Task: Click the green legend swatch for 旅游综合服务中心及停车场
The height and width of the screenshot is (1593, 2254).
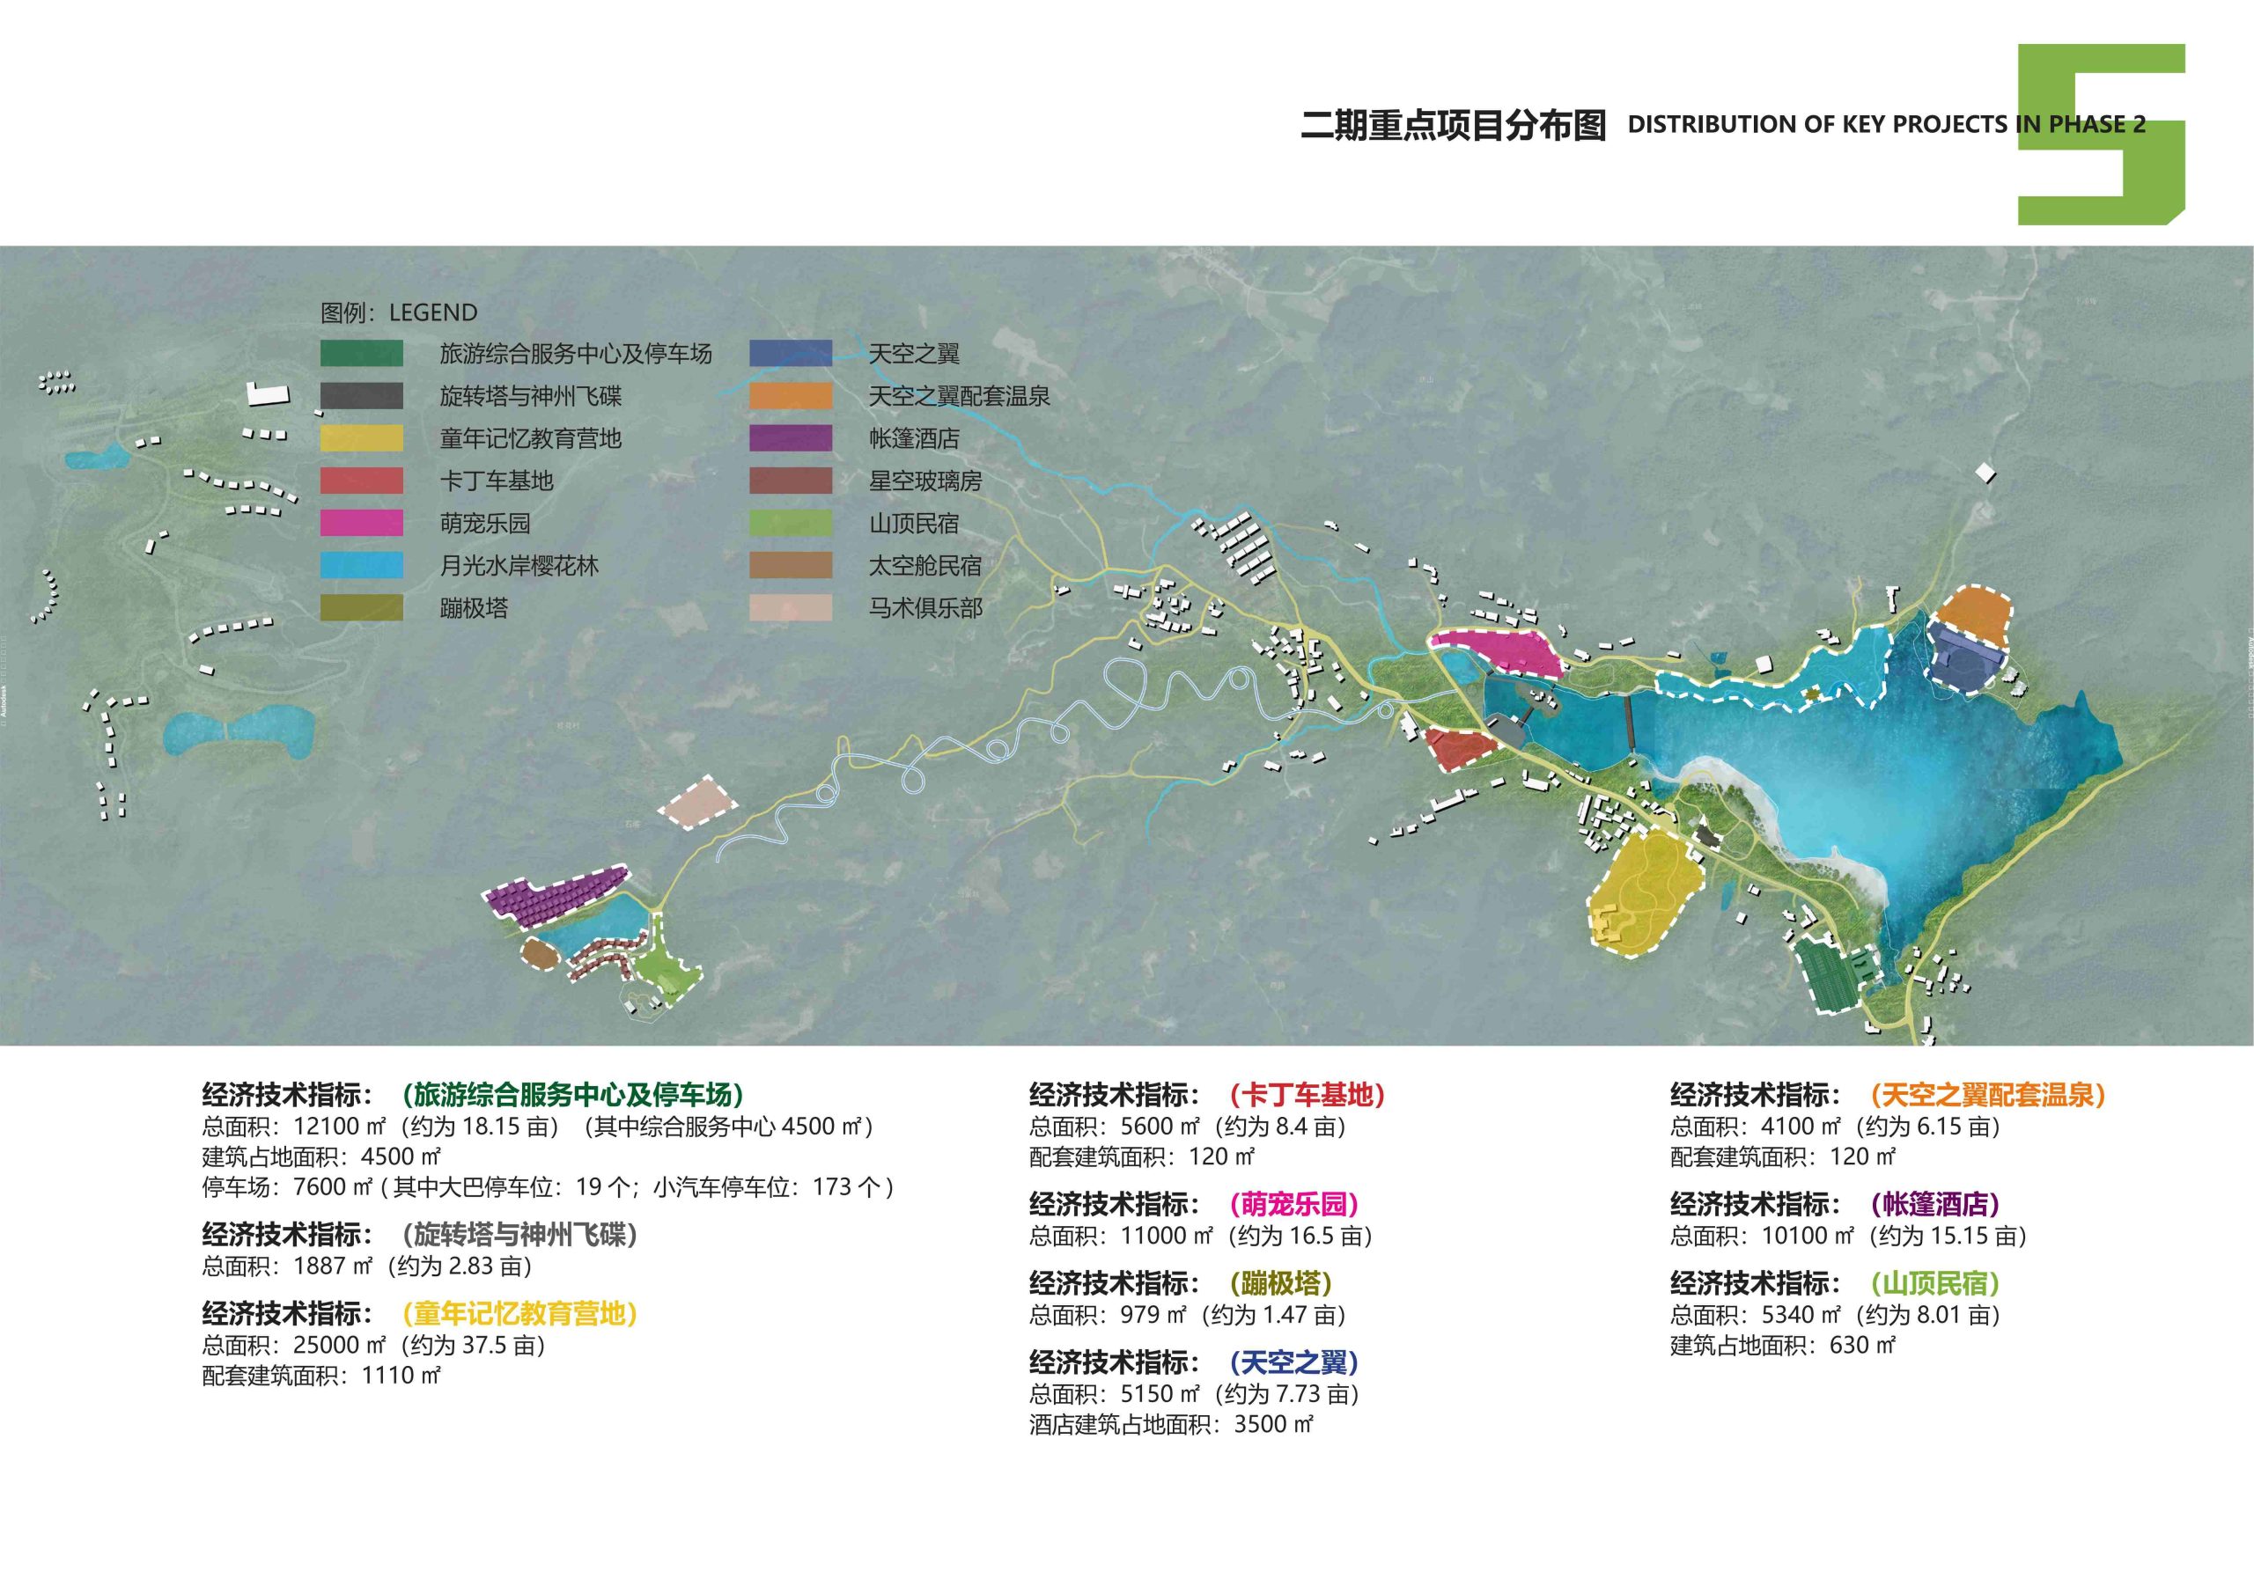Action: click(361, 353)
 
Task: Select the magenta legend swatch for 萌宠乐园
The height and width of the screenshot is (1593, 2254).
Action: click(361, 523)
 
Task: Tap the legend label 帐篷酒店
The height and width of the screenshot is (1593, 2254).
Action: click(913, 439)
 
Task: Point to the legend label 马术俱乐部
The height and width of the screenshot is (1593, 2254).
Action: click(924, 608)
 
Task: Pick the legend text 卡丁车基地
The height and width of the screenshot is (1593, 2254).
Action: click(496, 481)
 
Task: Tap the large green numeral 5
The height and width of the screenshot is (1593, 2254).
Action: click(2101, 135)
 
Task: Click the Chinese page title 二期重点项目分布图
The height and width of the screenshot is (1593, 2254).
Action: click(1453, 125)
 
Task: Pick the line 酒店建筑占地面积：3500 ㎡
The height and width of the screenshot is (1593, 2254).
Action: click(1170, 1424)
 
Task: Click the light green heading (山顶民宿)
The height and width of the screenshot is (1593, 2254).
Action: click(1934, 1283)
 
